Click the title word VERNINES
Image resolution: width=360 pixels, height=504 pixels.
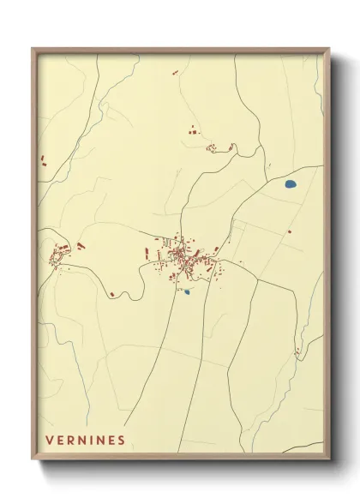tap(86, 441)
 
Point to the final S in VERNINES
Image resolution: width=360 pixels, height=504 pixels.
tap(122, 441)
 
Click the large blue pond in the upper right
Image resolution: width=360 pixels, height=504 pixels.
tap(290, 183)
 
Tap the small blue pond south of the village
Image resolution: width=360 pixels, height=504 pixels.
tap(186, 291)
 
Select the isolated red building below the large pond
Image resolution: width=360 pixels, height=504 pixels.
tap(290, 231)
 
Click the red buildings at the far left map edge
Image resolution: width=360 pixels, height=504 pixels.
tap(41, 159)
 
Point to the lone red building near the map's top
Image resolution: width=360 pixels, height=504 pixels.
tap(175, 73)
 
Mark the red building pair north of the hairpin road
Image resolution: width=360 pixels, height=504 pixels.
tap(192, 132)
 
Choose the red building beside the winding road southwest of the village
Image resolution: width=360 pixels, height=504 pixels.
tap(111, 295)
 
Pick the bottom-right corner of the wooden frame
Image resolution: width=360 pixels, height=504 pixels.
tap(328, 459)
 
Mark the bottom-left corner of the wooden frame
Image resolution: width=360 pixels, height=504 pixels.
tap(33, 459)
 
